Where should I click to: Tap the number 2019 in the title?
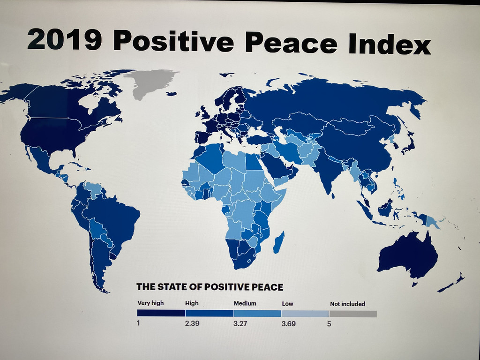tap(64, 39)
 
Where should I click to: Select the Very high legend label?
tap(150, 303)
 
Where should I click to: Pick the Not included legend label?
tap(347, 304)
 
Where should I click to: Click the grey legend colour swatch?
tap(353, 314)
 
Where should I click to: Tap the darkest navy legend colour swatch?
tap(161, 313)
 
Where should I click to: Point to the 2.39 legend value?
tap(192, 323)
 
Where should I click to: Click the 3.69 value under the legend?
tap(289, 323)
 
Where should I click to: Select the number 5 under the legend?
tap(329, 324)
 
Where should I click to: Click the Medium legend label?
tap(245, 303)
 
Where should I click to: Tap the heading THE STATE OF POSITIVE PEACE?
tap(210, 287)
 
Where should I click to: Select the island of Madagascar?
tap(279, 243)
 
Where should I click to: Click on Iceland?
tap(172, 94)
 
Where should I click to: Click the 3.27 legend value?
tap(240, 323)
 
